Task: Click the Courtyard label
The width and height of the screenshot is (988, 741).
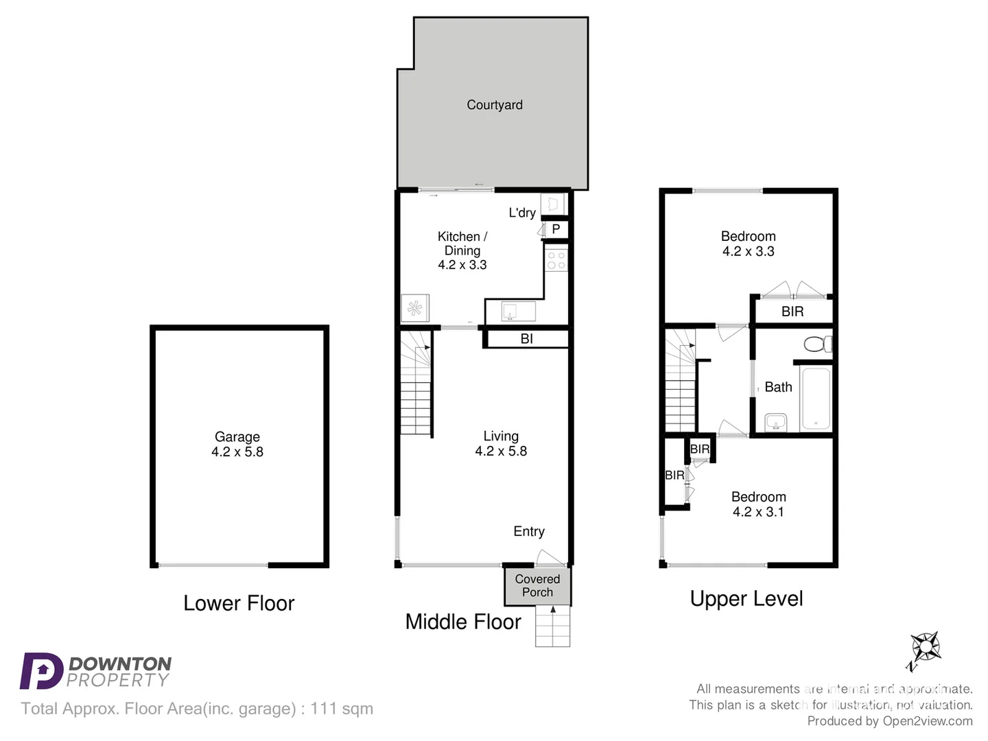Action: [494, 105]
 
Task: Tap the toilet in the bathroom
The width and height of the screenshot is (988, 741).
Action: [816, 343]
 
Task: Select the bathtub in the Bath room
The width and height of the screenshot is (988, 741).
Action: [815, 399]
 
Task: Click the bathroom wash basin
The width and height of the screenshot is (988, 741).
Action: [776, 421]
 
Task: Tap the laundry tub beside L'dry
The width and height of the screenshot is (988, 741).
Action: [552, 204]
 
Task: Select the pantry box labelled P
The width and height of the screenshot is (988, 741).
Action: [556, 229]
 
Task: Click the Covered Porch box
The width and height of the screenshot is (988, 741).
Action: [537, 586]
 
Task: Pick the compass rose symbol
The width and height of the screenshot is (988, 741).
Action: [925, 647]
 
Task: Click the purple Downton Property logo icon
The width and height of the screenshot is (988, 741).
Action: [41, 670]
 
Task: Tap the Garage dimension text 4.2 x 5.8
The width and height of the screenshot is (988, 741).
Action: [237, 452]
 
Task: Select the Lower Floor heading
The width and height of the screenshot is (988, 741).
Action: [239, 603]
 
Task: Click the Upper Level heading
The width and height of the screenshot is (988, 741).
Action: [746, 598]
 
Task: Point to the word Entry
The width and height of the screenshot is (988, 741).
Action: [529, 531]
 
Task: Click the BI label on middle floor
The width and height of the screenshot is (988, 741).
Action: [526, 338]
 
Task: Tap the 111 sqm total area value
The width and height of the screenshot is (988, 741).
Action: [342, 709]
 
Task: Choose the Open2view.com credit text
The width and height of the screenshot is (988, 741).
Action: [928, 721]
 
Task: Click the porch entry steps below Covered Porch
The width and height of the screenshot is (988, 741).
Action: [552, 627]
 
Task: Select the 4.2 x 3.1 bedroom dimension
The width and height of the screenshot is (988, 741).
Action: [758, 512]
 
